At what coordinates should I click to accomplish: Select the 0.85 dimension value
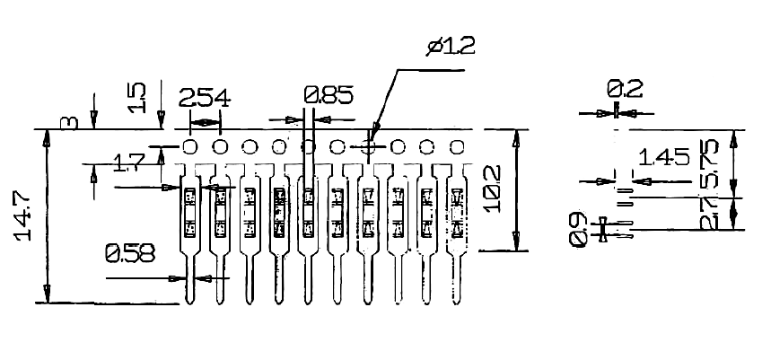click(x=329, y=93)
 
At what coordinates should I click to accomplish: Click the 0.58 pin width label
click(x=129, y=254)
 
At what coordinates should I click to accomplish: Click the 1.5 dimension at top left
click(x=137, y=97)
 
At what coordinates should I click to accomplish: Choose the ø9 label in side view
click(x=578, y=230)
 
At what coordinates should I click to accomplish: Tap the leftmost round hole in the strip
click(x=190, y=146)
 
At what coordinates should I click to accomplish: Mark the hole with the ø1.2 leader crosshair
click(x=367, y=146)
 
